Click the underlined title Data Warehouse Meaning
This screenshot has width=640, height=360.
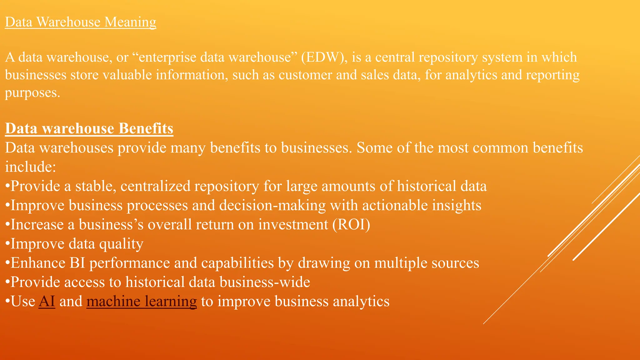tap(81, 22)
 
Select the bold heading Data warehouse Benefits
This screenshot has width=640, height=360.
tap(89, 128)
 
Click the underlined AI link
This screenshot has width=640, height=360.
tap(47, 301)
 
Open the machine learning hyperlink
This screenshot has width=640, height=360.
tap(142, 301)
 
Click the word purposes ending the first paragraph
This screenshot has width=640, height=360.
tap(32, 93)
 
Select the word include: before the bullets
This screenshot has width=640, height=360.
tap(31, 167)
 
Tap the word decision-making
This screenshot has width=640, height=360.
tap(272, 205)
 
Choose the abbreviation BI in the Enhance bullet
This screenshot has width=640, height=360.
tap(77, 263)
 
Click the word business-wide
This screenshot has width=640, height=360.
tap(265, 282)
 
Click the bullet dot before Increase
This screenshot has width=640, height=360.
tap(7, 225)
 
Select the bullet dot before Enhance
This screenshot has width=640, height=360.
tap(7, 263)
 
